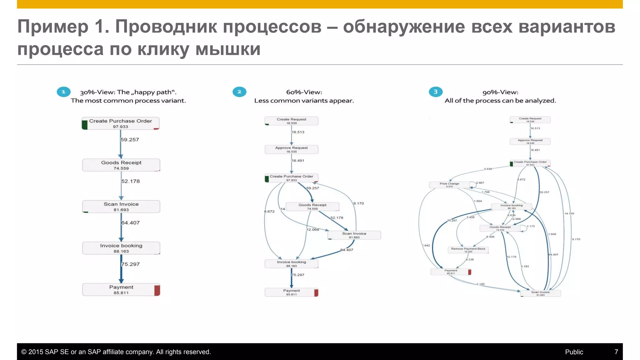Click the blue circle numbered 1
(63, 92)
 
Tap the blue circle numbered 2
(239, 92)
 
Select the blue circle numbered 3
(436, 92)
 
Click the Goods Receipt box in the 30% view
(121, 165)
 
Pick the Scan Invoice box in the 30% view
(121, 207)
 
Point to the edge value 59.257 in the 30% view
(130, 140)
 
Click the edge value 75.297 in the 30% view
(131, 264)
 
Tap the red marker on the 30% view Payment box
(157, 290)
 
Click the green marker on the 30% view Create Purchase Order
(85, 125)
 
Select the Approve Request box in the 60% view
(292, 149)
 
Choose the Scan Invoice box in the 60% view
(354, 235)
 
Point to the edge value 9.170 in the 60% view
(359, 203)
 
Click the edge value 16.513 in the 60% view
(298, 132)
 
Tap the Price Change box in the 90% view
(449, 185)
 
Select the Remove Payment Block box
(468, 250)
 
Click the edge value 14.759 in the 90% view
(569, 213)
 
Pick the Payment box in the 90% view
(451, 272)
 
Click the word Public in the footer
(574, 352)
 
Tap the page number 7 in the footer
(616, 352)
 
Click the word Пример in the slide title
(53, 27)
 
